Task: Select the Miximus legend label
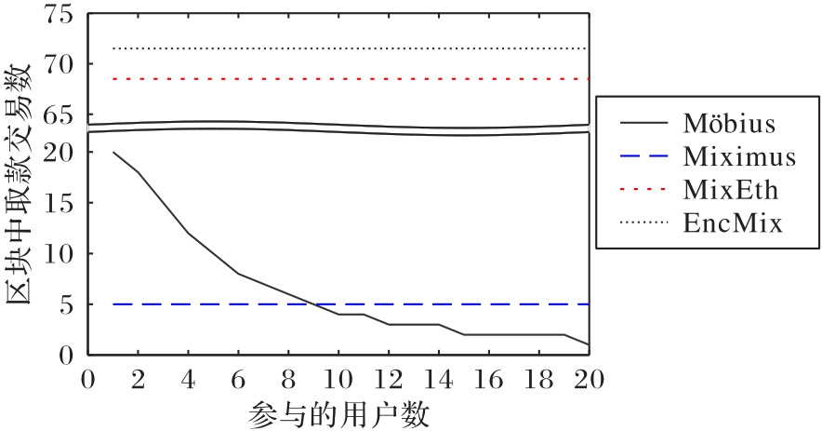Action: pyautogui.click(x=739, y=155)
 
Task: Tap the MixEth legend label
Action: pyautogui.click(x=730, y=190)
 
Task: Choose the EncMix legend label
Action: pyautogui.click(x=730, y=223)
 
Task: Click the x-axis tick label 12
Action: pyautogui.click(x=389, y=379)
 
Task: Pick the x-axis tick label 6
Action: pyautogui.click(x=238, y=379)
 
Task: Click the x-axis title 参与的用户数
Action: pyautogui.click(x=339, y=412)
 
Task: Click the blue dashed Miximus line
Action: pyautogui.click(x=372, y=304)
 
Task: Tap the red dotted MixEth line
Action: pyautogui.click(x=372, y=79)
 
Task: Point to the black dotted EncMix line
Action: pyautogui.click(x=372, y=48)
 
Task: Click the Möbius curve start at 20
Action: pyautogui.click(x=113, y=152)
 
